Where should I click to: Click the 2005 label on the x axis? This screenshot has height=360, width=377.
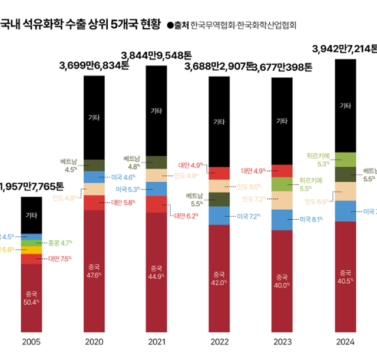pos(31,342)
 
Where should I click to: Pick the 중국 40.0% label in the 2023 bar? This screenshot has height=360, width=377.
pos(282,280)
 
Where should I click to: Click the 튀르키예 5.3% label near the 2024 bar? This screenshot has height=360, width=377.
pos(318,160)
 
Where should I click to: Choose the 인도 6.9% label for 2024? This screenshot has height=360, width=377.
pos(317,202)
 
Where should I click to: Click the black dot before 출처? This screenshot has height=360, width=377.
pos(170,26)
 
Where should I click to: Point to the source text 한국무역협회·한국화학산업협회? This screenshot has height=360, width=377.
pos(243,26)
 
